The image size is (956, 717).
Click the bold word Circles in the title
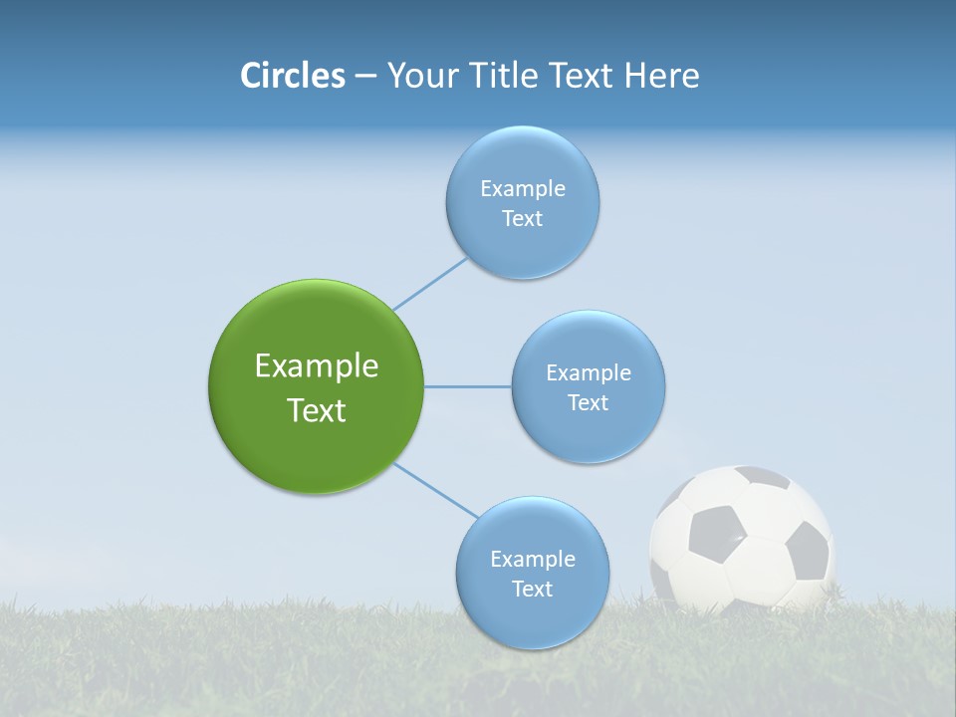click(293, 76)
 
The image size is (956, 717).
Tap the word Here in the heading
click(661, 76)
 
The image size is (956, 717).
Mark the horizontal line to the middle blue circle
click(467, 386)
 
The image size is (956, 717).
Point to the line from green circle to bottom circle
click(435, 490)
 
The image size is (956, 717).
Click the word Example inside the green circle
click(316, 366)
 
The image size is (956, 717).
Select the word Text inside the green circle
click(316, 410)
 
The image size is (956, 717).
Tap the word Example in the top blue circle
click(522, 188)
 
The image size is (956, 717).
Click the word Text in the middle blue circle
click(588, 402)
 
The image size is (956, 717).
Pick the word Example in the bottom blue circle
click(532, 559)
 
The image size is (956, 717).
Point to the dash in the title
click(364, 76)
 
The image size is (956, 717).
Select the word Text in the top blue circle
click(522, 218)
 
